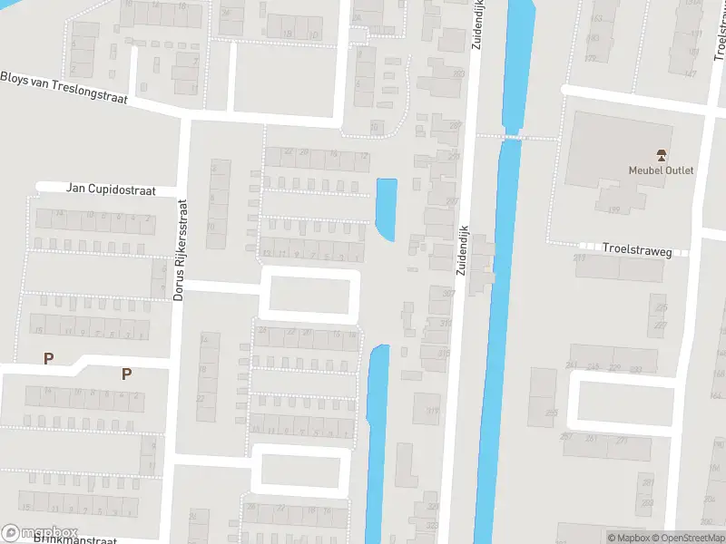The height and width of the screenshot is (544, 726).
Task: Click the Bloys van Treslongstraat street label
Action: point(64,87)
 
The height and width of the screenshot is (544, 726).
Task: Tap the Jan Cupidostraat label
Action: point(111,189)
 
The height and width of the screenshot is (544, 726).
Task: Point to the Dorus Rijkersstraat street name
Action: point(180,250)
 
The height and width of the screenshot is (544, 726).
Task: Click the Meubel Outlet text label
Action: point(661,170)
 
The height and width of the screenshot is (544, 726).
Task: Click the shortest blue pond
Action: point(387,209)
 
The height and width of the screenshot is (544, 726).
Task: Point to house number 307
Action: point(447,293)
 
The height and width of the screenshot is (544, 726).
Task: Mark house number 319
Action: point(432,410)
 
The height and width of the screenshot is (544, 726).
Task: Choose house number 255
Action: point(552,413)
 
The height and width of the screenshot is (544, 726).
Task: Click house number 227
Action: point(661,324)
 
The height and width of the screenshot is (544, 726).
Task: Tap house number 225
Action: point(661,308)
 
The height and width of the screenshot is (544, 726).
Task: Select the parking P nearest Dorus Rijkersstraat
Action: point(126,374)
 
